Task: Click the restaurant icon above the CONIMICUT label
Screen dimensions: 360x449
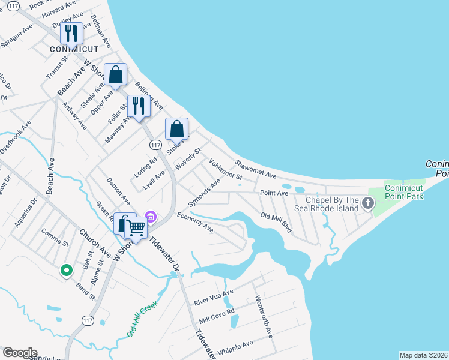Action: [x=71, y=34]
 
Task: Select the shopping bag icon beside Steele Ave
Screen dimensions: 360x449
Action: [x=116, y=76]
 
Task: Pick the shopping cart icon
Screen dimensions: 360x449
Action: [x=136, y=229]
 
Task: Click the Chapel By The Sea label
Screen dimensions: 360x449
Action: [x=333, y=205]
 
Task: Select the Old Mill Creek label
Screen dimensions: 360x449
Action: [x=142, y=319]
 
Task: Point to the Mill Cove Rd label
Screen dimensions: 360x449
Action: [x=217, y=315]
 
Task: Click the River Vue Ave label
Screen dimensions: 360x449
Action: [x=213, y=298]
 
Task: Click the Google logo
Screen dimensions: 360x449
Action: [x=19, y=353]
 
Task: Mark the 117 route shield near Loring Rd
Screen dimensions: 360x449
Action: [x=155, y=145]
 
